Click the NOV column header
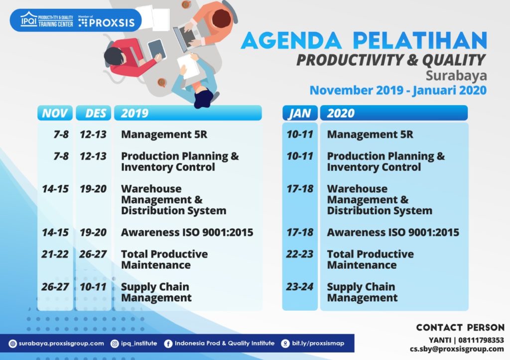pyautogui.click(x=55, y=113)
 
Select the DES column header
pyautogui.click(x=94, y=113)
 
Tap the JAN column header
pyautogui.click(x=299, y=113)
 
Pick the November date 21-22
pyautogui.click(x=55, y=254)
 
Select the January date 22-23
pyautogui.click(x=300, y=254)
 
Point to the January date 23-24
pyautogui.click(x=300, y=287)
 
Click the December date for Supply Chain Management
pyautogui.click(x=93, y=287)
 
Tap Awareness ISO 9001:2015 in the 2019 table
pyautogui.click(x=187, y=233)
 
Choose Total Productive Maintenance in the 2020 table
pyautogui.click(x=370, y=259)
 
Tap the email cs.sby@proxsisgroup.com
pyautogui.click(x=457, y=349)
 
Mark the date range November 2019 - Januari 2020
pyautogui.click(x=398, y=91)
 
